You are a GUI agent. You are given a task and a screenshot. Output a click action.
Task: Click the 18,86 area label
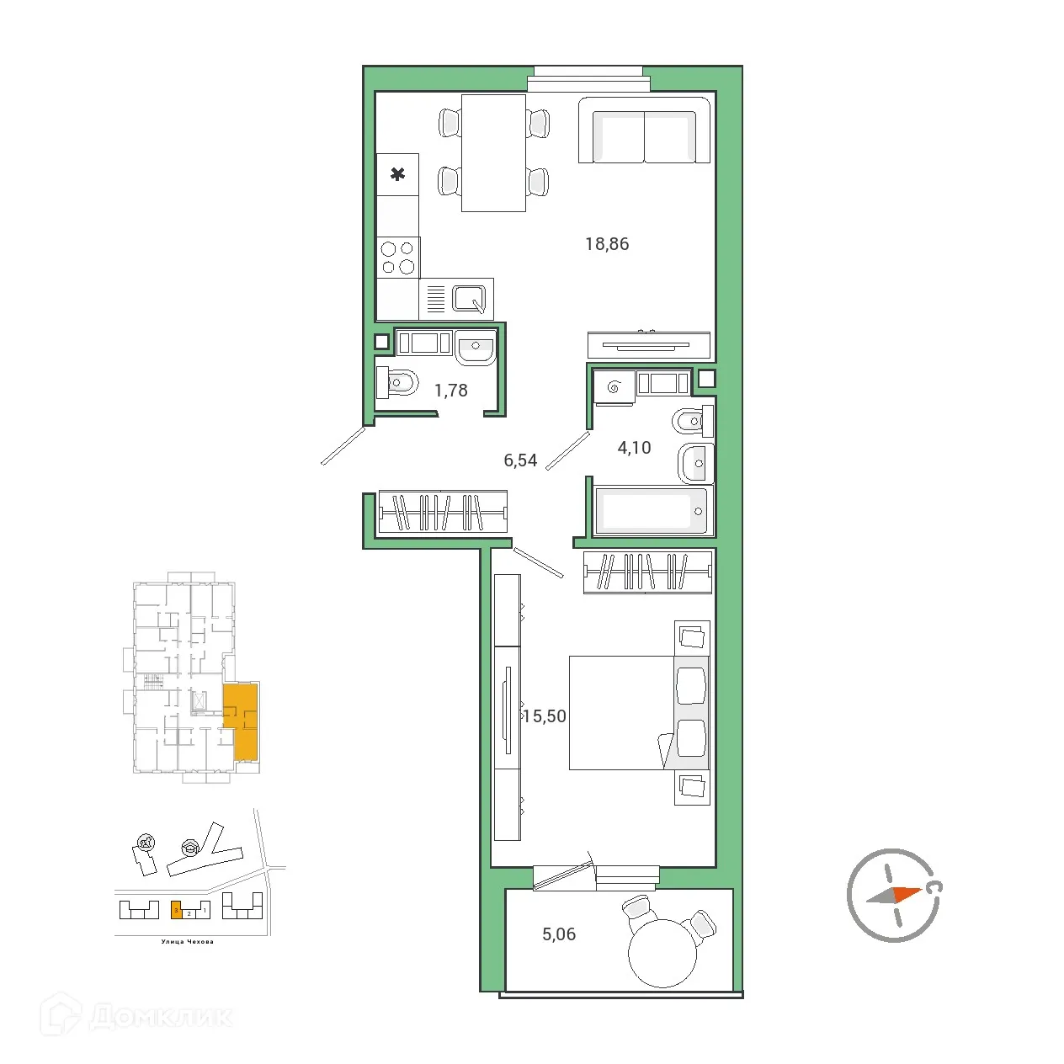[607, 244]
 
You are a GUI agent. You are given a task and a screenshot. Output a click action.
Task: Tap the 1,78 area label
[450, 391]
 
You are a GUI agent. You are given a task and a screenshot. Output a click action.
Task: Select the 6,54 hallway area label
[520, 460]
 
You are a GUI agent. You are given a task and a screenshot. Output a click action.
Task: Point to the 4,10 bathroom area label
[634, 448]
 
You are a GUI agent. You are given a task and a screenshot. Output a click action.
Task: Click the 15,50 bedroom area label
[545, 716]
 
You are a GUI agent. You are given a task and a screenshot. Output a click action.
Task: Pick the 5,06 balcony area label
[559, 934]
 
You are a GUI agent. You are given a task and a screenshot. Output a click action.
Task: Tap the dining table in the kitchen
[493, 152]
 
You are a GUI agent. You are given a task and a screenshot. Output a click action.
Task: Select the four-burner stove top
[397, 258]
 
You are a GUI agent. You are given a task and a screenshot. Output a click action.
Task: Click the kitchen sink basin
[469, 299]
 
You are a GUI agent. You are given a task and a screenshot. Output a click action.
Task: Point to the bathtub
[653, 511]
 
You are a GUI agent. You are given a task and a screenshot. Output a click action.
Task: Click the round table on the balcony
[662, 953]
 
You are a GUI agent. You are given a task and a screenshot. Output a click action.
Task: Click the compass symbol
[893, 895]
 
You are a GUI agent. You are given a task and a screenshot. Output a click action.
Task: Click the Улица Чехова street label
[187, 942]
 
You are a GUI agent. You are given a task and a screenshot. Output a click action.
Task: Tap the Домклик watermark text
[160, 1016]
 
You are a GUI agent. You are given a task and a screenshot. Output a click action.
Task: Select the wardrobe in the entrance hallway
[443, 512]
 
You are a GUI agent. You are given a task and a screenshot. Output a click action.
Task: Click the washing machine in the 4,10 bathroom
[613, 388]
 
